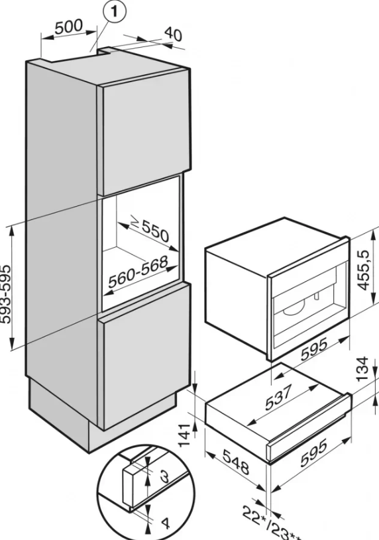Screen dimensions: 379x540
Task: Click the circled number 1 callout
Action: click(x=113, y=12)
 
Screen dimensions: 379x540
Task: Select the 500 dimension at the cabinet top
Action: click(x=69, y=26)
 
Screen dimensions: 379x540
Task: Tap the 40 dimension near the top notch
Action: click(x=173, y=34)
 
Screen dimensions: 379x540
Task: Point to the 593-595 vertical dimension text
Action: click(x=6, y=294)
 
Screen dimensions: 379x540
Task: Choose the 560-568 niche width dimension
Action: click(x=138, y=272)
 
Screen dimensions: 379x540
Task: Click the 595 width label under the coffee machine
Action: click(x=315, y=350)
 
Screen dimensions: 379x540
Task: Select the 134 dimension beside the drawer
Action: click(x=363, y=370)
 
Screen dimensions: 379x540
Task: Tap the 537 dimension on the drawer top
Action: click(x=279, y=396)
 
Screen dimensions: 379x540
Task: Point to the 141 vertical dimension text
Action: click(x=185, y=435)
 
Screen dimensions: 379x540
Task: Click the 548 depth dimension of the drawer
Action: click(x=236, y=461)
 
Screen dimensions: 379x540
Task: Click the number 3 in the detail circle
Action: click(x=165, y=476)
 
